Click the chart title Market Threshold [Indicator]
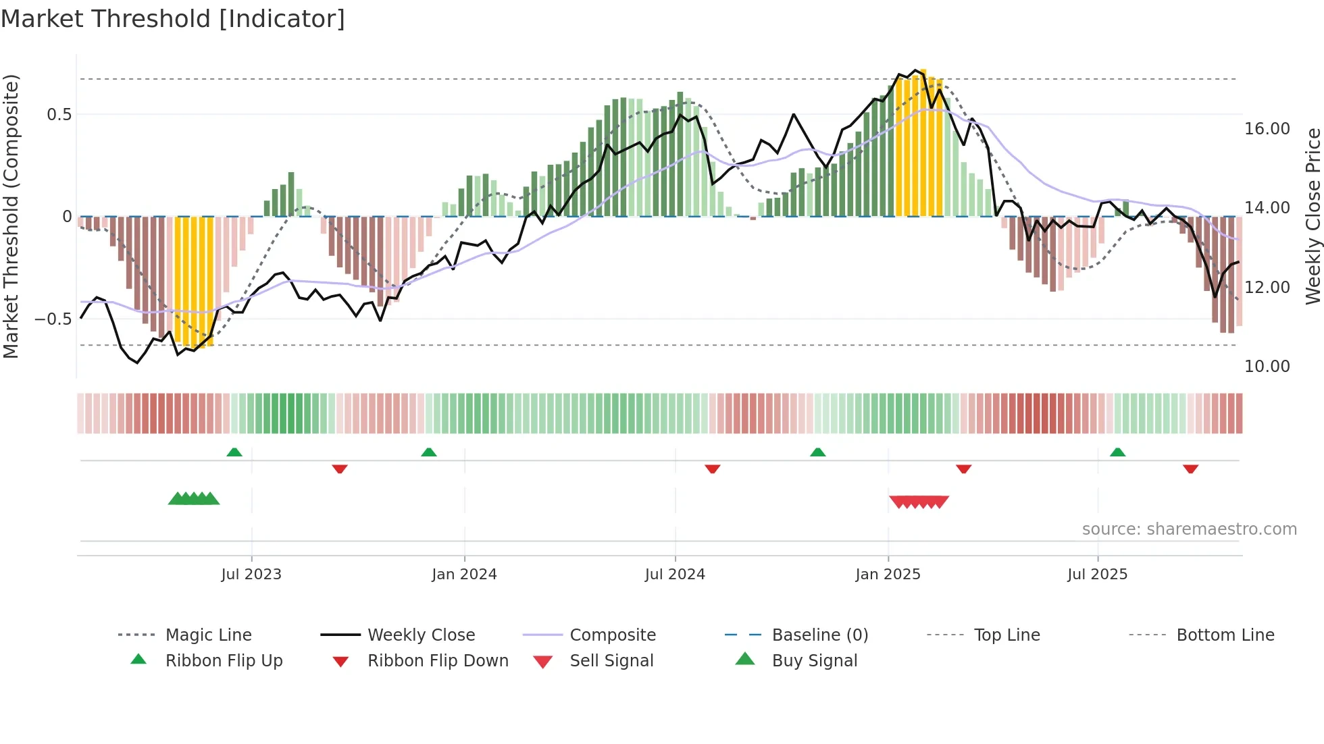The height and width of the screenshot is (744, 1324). pos(173,19)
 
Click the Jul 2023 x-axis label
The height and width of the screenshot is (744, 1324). pos(251,575)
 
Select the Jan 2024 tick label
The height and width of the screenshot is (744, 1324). pos(464,575)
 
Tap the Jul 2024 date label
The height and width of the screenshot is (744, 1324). pos(675,575)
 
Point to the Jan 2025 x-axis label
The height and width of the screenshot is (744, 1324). pos(888,575)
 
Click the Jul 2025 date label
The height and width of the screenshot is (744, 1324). pos(1097,575)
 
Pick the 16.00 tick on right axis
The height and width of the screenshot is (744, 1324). pos(1267,129)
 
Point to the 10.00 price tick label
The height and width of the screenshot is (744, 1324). pos(1267,367)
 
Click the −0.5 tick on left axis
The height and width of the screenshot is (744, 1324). pos(53,319)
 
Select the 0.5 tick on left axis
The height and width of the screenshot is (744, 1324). pos(59,115)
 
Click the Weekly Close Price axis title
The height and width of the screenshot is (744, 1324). pos(1313,216)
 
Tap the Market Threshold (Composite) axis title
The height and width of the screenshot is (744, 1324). pos(11,216)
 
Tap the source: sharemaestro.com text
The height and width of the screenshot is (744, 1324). pos(1189,529)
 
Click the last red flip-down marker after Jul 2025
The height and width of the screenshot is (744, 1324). pos(1190,469)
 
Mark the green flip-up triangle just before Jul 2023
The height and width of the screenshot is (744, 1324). pos(234,452)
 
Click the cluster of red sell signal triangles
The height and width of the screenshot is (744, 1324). pos(919,502)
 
